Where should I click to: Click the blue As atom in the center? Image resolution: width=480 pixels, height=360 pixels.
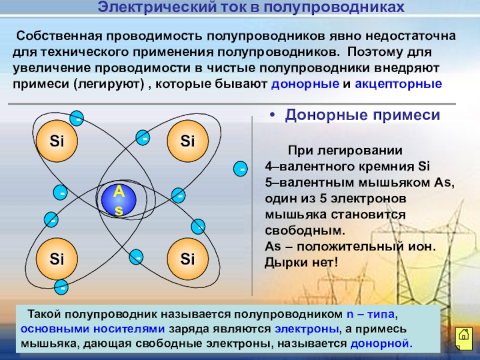(x=119, y=200)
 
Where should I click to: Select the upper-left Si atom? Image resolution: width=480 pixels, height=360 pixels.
(x=57, y=142)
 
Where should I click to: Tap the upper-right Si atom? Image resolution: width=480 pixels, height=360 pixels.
(x=188, y=142)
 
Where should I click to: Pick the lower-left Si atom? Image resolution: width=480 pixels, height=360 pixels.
(x=57, y=259)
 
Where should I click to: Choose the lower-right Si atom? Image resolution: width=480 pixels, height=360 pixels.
(x=188, y=259)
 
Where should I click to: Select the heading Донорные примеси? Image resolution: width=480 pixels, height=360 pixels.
(x=362, y=115)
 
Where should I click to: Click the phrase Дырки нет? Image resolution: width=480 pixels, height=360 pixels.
(x=301, y=262)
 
